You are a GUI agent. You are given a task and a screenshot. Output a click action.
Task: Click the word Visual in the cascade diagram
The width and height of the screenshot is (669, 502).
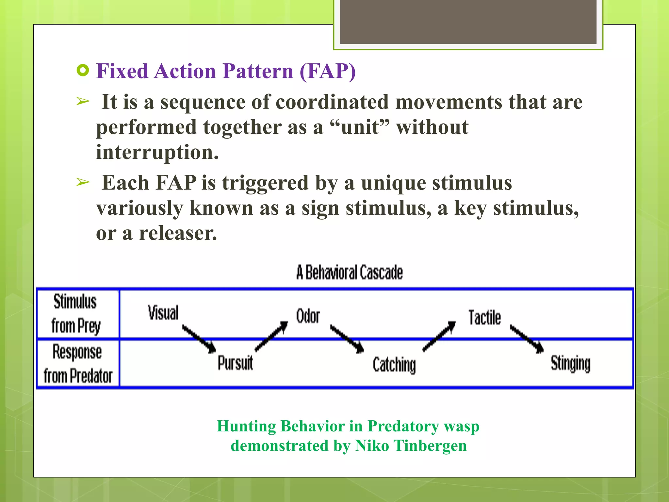pyautogui.click(x=163, y=313)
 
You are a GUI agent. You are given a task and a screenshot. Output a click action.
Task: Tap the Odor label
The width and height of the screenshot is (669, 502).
pyautogui.click(x=308, y=316)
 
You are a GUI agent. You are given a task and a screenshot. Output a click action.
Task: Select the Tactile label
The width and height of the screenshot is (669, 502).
pyautogui.click(x=484, y=318)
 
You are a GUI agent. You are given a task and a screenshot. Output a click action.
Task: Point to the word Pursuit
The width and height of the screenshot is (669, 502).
pyautogui.click(x=235, y=363)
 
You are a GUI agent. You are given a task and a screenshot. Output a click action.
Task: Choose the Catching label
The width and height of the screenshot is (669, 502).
pyautogui.click(x=394, y=365)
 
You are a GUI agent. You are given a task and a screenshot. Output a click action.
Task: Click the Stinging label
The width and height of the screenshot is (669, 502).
pyautogui.click(x=570, y=363)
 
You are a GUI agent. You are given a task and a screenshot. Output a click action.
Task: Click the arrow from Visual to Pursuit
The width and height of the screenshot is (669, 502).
pyautogui.click(x=199, y=339)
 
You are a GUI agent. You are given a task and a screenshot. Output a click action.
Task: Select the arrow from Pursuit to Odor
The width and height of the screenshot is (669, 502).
pyautogui.click(x=271, y=336)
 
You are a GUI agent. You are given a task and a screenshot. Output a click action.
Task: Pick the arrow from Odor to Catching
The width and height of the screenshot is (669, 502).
pyautogui.click(x=347, y=339)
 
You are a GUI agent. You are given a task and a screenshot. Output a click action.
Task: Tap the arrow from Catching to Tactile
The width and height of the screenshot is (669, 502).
pyautogui.click(x=439, y=336)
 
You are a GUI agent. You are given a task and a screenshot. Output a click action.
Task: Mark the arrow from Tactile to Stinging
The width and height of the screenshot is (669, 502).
pyautogui.click(x=527, y=339)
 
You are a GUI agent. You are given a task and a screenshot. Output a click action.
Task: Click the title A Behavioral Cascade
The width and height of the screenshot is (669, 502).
pyautogui.click(x=350, y=273)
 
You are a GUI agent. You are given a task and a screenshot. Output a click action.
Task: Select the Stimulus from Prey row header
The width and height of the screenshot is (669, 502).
pyautogui.click(x=76, y=314)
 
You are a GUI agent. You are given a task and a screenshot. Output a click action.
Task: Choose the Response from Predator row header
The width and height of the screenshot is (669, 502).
pyautogui.click(x=78, y=364)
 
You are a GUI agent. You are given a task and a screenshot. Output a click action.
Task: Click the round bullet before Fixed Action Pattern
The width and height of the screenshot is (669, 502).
pyautogui.click(x=83, y=71)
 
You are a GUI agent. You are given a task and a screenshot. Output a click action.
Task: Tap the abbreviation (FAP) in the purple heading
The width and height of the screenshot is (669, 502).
pyautogui.click(x=327, y=71)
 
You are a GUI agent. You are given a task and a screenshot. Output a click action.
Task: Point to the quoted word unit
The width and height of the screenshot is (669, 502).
pyautogui.click(x=360, y=127)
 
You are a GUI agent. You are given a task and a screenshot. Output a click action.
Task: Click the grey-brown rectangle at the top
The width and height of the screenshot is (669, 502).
pyautogui.click(x=468, y=22)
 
